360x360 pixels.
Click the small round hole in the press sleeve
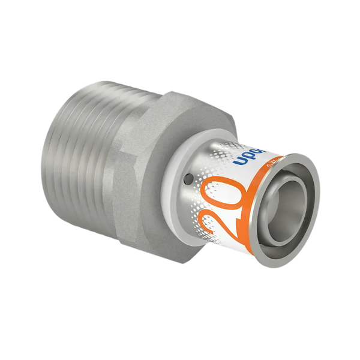tap(188, 178)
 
